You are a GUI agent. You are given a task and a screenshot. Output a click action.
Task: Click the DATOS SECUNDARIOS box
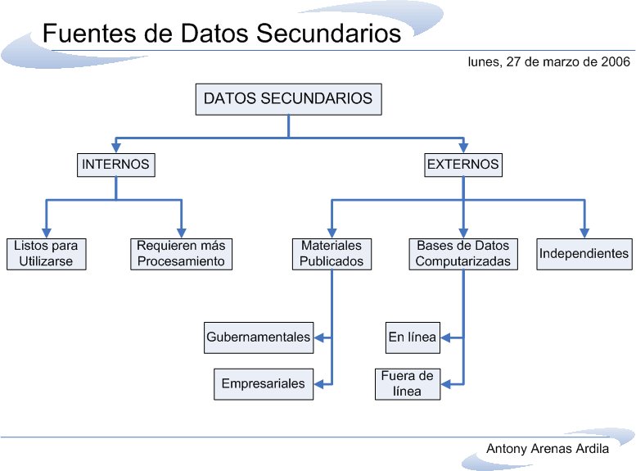click(x=288, y=99)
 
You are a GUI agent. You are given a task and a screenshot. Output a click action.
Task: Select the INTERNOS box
click(x=116, y=165)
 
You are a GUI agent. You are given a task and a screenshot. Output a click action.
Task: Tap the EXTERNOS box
click(x=463, y=165)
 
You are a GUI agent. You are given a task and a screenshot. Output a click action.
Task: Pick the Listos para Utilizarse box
click(x=46, y=254)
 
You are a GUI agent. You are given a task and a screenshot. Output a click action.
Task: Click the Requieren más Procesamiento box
click(x=182, y=254)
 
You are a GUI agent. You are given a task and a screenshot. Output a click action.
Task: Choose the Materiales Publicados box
click(x=332, y=254)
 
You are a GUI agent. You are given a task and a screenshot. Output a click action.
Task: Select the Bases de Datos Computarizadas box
click(x=463, y=254)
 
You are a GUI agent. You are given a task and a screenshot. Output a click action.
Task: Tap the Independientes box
click(x=584, y=254)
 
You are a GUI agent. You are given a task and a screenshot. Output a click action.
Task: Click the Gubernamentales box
click(x=259, y=337)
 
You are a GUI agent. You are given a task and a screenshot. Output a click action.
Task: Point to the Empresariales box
click(x=264, y=384)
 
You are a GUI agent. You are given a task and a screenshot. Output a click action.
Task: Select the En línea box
click(x=413, y=337)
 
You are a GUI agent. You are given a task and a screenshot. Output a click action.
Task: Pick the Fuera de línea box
click(x=408, y=384)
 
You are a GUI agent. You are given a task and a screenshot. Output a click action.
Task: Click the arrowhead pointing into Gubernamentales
click(x=318, y=337)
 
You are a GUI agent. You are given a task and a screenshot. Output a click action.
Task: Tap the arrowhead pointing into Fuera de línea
click(x=446, y=384)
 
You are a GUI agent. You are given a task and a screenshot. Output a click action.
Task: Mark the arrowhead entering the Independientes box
click(x=584, y=233)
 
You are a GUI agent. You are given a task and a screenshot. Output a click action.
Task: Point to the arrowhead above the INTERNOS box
click(x=116, y=147)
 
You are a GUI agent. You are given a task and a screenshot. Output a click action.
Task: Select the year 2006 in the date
click(x=616, y=61)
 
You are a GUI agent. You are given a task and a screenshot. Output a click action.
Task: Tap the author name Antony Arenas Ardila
click(x=548, y=449)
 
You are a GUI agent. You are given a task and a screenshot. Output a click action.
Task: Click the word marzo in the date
click(x=560, y=61)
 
